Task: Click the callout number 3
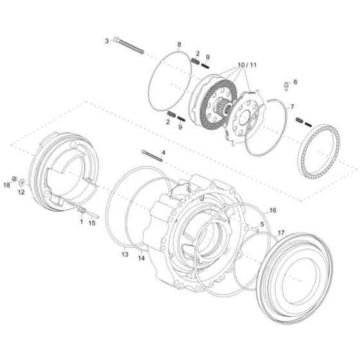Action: click(107, 41)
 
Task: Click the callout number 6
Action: click(295, 82)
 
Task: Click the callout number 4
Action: click(163, 152)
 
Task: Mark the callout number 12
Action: click(21, 191)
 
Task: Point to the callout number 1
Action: click(82, 221)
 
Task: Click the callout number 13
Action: click(124, 255)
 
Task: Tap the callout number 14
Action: click(141, 258)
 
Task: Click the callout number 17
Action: click(281, 232)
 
